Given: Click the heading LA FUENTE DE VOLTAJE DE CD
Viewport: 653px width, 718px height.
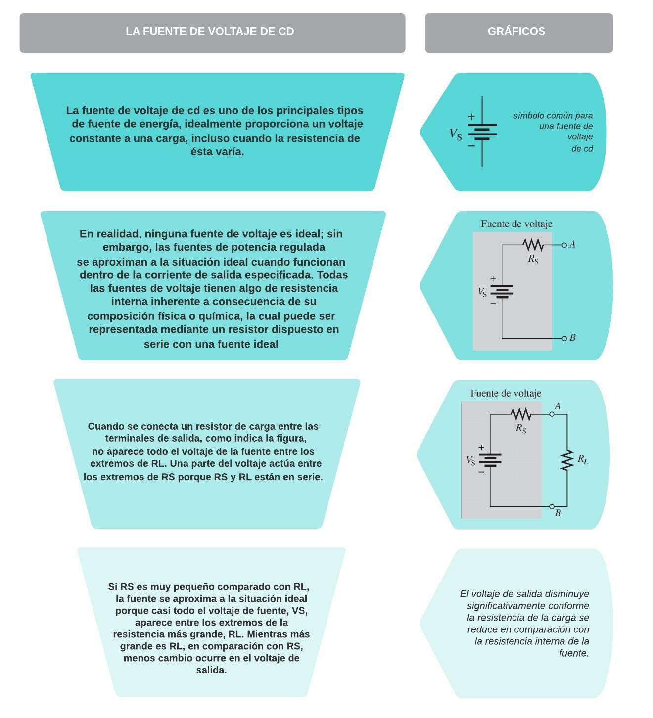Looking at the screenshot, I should pyautogui.click(x=210, y=31).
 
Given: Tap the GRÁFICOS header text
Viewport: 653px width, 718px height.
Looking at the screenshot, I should pyautogui.click(x=516, y=31).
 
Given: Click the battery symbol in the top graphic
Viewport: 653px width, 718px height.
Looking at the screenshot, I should pyautogui.click(x=482, y=132).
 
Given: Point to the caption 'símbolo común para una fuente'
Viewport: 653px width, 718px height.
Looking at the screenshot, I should pyautogui.click(x=553, y=116).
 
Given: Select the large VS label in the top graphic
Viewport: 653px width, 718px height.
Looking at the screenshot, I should pyautogui.click(x=456, y=134).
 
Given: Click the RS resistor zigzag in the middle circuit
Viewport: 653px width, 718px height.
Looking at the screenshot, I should pyautogui.click(x=533, y=245).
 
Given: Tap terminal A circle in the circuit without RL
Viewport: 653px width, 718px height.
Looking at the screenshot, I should pyautogui.click(x=564, y=245).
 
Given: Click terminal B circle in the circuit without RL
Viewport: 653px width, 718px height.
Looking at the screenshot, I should pyautogui.click(x=564, y=338).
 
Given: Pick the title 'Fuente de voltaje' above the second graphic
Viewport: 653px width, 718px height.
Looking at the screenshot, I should pyautogui.click(x=516, y=224).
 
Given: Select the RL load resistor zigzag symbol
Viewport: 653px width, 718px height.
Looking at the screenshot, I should pyautogui.click(x=567, y=460).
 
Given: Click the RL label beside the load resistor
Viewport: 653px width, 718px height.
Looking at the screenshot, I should pyautogui.click(x=583, y=459).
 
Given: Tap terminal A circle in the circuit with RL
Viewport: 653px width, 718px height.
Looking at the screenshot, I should pyautogui.click(x=552, y=414).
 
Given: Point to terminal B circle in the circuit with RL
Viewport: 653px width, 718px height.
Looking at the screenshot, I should pyautogui.click(x=552, y=506).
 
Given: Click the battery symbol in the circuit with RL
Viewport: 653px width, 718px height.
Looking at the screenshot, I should pyautogui.click(x=490, y=460).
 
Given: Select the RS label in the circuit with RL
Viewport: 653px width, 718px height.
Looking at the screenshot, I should pyautogui.click(x=521, y=428).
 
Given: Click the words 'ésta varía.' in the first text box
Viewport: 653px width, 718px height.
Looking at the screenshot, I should pyautogui.click(x=217, y=152).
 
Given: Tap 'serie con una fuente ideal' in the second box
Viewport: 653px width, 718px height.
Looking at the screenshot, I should pyautogui.click(x=211, y=344).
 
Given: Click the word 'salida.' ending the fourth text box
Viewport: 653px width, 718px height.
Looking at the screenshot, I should pyautogui.click(x=211, y=670).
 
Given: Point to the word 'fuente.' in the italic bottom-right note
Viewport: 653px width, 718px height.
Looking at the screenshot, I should pyautogui.click(x=574, y=653).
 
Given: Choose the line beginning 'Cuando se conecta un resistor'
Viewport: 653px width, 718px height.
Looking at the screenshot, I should pyautogui.click(x=203, y=426).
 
